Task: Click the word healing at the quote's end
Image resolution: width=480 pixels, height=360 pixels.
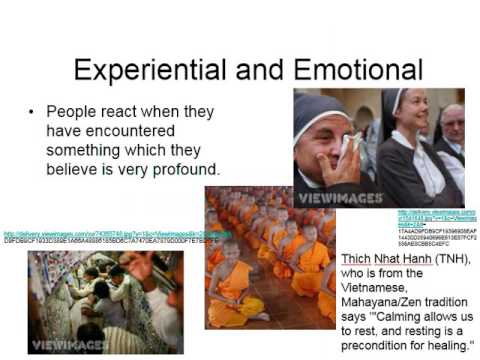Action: point(444,347)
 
